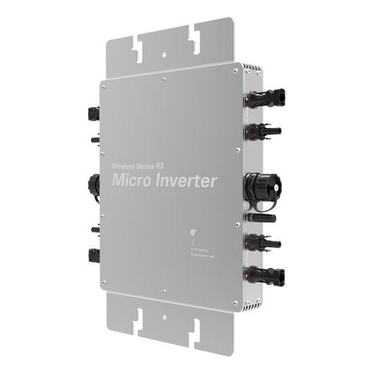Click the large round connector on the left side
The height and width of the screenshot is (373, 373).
pos(93,183)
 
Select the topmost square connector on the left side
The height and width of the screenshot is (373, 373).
pos(92,113)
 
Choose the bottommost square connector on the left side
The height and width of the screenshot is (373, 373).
pos(92,256)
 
